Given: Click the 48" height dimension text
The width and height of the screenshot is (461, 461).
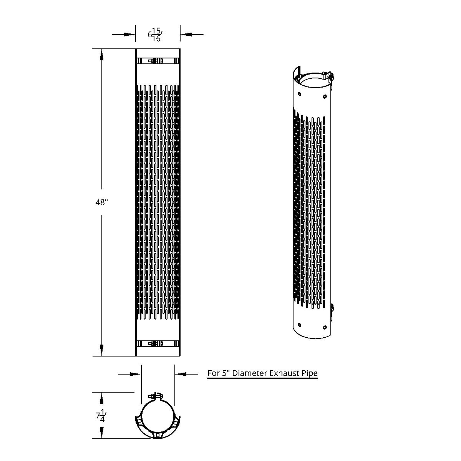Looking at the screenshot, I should coord(102,202).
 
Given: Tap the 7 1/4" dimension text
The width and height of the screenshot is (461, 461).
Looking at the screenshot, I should coord(101,416).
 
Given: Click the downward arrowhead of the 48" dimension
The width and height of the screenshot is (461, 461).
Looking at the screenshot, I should coord(102,350).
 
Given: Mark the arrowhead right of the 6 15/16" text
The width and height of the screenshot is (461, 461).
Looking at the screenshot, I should coord(186,35).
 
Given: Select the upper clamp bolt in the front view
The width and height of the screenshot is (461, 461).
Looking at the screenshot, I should coord(155,61).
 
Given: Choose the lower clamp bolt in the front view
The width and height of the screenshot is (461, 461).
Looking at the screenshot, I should coord(155,344).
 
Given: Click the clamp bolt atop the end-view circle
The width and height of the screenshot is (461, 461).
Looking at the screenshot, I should coord(155,396).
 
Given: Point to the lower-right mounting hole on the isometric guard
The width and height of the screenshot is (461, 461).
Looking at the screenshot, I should coord(325,327).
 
